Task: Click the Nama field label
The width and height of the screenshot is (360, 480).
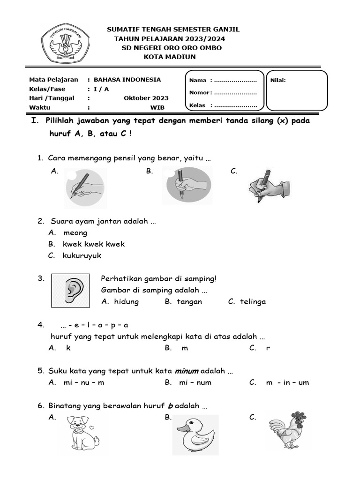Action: tap(198, 80)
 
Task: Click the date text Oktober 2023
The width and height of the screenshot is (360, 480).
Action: tap(146, 98)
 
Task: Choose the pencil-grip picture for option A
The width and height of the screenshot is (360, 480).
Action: tap(84, 187)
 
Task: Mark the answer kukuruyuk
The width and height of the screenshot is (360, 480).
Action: tap(82, 255)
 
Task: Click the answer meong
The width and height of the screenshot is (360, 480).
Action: tap(75, 232)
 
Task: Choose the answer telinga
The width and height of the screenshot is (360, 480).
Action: tap(253, 301)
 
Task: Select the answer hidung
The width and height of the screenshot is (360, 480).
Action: tap(126, 301)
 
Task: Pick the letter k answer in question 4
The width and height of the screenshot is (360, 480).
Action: tap(68, 348)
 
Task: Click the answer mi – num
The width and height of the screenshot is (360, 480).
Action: tap(195, 382)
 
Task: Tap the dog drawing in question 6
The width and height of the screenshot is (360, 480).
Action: tap(83, 434)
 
